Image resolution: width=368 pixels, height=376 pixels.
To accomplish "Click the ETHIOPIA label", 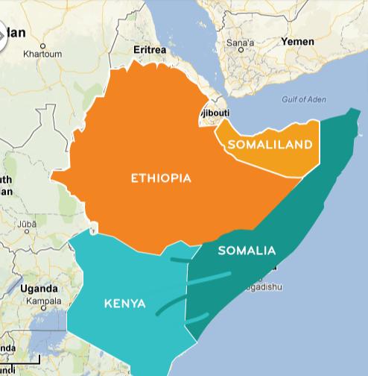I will [x=161, y=178].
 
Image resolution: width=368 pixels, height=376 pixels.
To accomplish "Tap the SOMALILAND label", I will [x=269, y=144].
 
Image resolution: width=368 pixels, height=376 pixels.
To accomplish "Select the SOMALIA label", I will [x=247, y=251].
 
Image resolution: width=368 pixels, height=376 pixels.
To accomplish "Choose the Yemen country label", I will [x=297, y=42].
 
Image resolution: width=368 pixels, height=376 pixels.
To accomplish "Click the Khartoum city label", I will [x=42, y=54].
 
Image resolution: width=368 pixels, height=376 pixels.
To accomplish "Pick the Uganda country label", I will [x=39, y=288].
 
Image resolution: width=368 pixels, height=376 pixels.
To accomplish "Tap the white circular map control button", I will [x=7, y=34].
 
